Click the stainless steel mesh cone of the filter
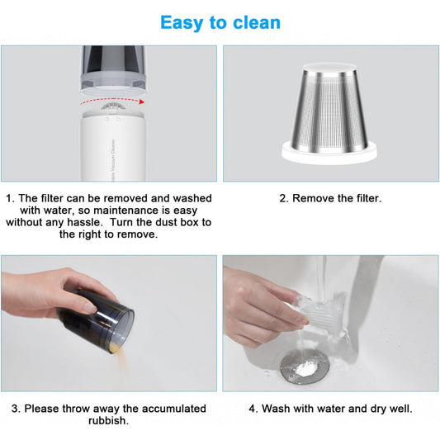[x=329, y=107]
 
